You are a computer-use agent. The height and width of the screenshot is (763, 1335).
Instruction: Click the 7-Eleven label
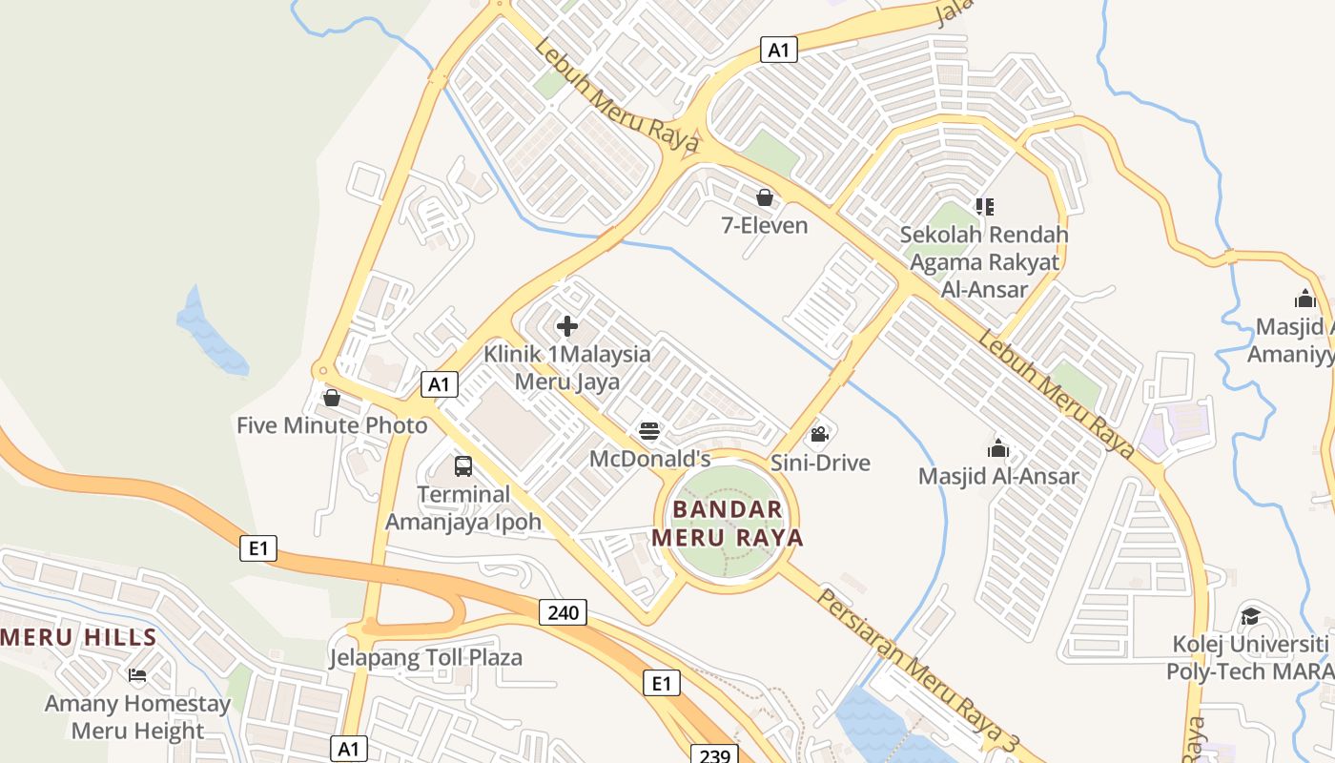[765, 226]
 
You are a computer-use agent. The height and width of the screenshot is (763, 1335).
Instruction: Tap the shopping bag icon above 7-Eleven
[765, 197]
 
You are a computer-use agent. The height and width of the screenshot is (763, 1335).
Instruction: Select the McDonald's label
[650, 459]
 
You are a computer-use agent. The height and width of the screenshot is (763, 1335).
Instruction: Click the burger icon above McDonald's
[649, 432]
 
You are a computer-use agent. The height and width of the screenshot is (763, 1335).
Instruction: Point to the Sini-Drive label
[820, 464]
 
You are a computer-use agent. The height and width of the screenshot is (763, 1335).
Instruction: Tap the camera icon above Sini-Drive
[818, 436]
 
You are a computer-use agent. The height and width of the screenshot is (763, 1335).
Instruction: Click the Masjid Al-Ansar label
[998, 476]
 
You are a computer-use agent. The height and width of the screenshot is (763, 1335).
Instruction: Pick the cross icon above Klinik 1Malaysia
[567, 326]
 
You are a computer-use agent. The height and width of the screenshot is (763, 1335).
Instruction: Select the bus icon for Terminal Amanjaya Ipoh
[463, 466]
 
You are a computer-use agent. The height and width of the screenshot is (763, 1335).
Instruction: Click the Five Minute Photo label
[332, 425]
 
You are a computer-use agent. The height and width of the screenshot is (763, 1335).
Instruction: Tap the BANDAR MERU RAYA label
[728, 524]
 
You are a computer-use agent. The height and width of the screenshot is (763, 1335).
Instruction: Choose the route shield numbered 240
[563, 612]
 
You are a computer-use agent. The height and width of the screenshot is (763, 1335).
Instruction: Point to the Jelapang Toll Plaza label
[426, 658]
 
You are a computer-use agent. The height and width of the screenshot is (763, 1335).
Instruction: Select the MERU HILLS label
[78, 637]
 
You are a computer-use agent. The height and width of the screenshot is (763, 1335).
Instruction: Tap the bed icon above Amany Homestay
[137, 676]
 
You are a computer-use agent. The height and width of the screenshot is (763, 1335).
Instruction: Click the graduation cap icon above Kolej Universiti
[1249, 616]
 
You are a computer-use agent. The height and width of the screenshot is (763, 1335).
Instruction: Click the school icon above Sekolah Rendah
[985, 206]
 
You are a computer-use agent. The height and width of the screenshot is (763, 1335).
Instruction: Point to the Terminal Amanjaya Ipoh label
[463, 508]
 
